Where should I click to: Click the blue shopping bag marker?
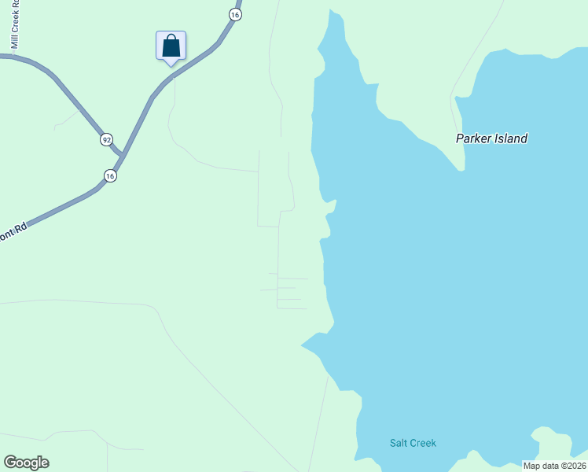[171, 47]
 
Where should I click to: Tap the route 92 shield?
[106, 139]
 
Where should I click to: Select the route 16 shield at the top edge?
[234, 14]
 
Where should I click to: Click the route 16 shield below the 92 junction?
[110, 176]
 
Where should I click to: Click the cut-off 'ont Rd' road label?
[14, 232]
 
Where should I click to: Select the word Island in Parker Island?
[511, 138]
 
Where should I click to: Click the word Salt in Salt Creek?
[399, 443]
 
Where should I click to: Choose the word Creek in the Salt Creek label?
[423, 443]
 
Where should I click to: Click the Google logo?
[26, 463]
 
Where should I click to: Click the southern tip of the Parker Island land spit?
[461, 168]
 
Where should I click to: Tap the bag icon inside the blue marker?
[171, 46]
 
